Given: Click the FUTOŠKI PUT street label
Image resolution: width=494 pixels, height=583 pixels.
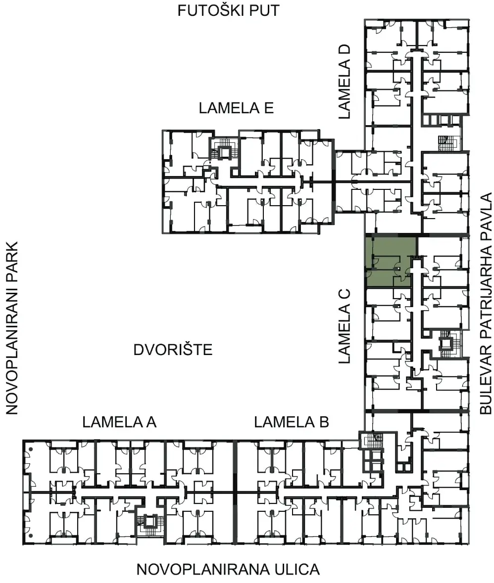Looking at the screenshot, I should [x=228, y=10].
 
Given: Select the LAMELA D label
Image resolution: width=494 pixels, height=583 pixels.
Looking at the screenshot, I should [x=345, y=82].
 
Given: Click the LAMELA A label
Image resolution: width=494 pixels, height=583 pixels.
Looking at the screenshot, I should [x=119, y=422].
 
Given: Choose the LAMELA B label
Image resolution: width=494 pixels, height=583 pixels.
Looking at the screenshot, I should [x=292, y=422].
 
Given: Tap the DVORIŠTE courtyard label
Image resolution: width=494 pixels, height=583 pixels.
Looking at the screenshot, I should [x=173, y=350].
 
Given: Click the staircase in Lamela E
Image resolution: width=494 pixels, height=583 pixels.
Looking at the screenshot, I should [x=225, y=151].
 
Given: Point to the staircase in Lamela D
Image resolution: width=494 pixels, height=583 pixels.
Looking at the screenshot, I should [x=447, y=142].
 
